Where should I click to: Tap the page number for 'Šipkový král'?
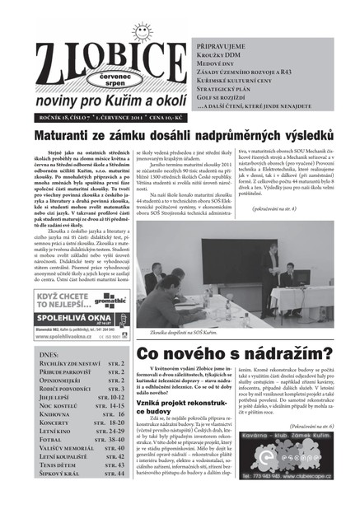115,496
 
